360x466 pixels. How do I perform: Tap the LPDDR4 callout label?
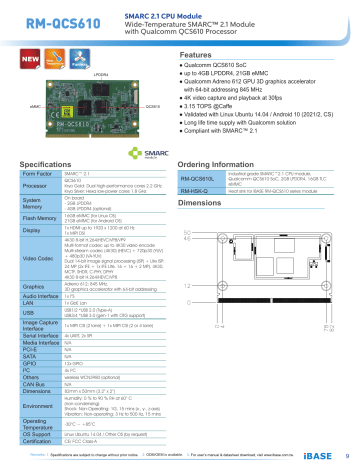pos(99,75)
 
